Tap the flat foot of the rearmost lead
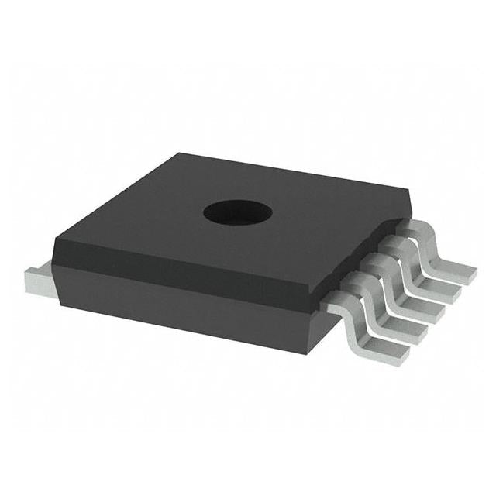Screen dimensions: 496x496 click(459, 270)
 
